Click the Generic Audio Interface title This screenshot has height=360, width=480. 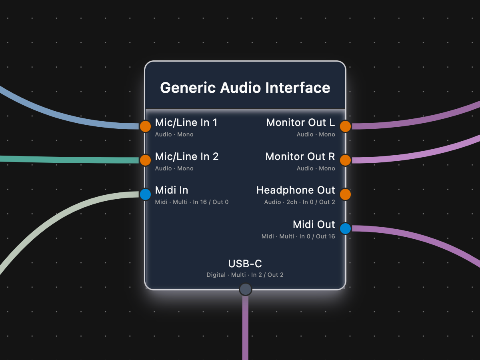(x=245, y=88)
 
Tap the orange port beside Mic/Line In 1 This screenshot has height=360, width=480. (x=145, y=126)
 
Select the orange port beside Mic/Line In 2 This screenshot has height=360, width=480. (x=145, y=160)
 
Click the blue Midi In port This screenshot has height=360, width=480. (x=145, y=194)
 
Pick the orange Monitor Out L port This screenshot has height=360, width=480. (x=345, y=126)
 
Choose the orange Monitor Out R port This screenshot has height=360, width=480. (x=345, y=160)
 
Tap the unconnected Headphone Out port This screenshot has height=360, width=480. (x=345, y=194)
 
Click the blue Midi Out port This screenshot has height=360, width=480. (x=345, y=228)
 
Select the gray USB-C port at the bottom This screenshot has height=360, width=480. (x=245, y=289)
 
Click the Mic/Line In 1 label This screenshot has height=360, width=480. (x=186, y=122)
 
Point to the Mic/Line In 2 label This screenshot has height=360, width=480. (x=187, y=156)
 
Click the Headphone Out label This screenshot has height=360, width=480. (x=296, y=190)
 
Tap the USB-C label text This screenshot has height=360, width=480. (x=245, y=264)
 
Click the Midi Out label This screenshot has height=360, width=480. (x=314, y=224)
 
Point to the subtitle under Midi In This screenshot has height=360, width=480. (x=192, y=202)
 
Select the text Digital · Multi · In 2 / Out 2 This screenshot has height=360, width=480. (x=245, y=275)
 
